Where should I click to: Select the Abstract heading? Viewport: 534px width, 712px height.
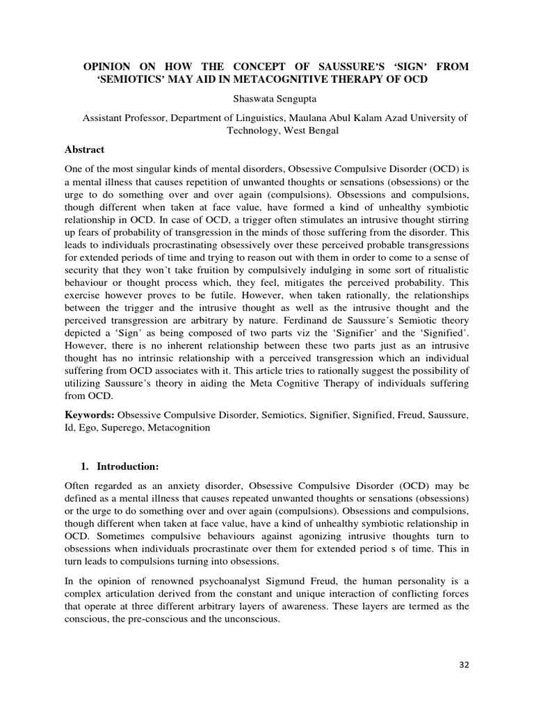click(84, 149)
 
